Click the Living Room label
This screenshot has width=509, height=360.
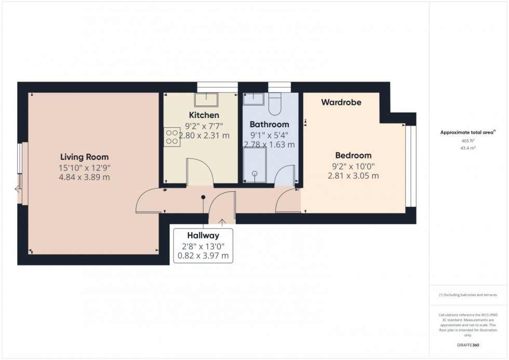[84, 157]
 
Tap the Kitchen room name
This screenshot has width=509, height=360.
[204, 115]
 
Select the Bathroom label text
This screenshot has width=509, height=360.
[269, 124]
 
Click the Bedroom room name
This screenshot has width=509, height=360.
[353, 155]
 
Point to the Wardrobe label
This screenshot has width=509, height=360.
[341, 102]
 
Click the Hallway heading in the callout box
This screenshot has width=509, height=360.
[204, 235]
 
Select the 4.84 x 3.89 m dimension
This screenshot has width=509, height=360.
[84, 177]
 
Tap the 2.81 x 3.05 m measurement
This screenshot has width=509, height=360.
[353, 176]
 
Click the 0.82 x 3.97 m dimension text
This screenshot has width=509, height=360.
[204, 256]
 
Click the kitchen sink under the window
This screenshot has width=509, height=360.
[207, 99]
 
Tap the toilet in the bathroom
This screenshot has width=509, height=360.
[275, 103]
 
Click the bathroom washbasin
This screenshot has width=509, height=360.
[254, 98]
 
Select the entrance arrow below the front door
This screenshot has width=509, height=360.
[222, 222]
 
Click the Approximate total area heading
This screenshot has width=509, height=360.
[468, 132]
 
